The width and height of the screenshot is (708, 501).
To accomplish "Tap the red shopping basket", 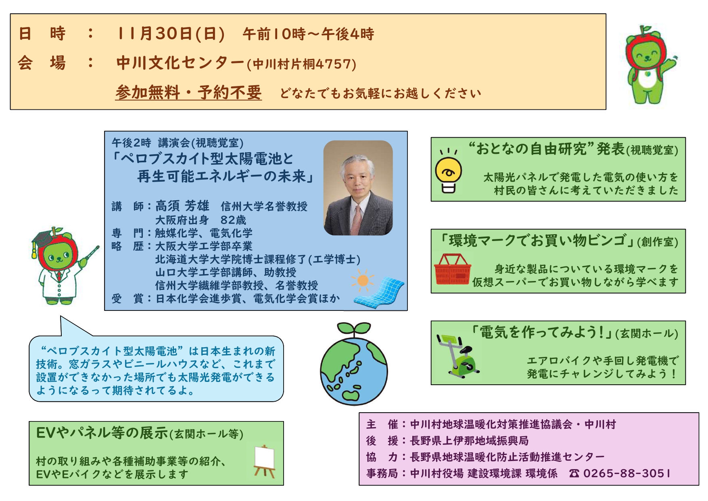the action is click(x=453, y=269).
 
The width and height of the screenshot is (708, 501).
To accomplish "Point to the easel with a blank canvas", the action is click(x=264, y=461).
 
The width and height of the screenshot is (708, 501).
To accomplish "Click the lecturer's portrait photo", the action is click(x=358, y=188).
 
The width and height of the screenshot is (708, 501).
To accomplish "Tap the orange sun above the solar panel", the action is click(x=362, y=280).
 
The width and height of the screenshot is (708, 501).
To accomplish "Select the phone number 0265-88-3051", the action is click(x=627, y=473).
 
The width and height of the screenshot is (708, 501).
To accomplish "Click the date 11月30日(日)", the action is click(x=170, y=34).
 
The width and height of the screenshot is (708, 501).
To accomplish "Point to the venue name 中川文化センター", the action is click(x=180, y=63).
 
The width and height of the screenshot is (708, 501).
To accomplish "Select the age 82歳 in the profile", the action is click(x=233, y=220).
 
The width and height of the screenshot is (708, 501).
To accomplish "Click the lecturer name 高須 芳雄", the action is click(x=182, y=206).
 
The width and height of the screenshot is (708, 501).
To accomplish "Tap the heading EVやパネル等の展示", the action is click(x=102, y=433).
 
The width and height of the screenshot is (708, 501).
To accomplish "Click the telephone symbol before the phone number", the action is click(x=574, y=474).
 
